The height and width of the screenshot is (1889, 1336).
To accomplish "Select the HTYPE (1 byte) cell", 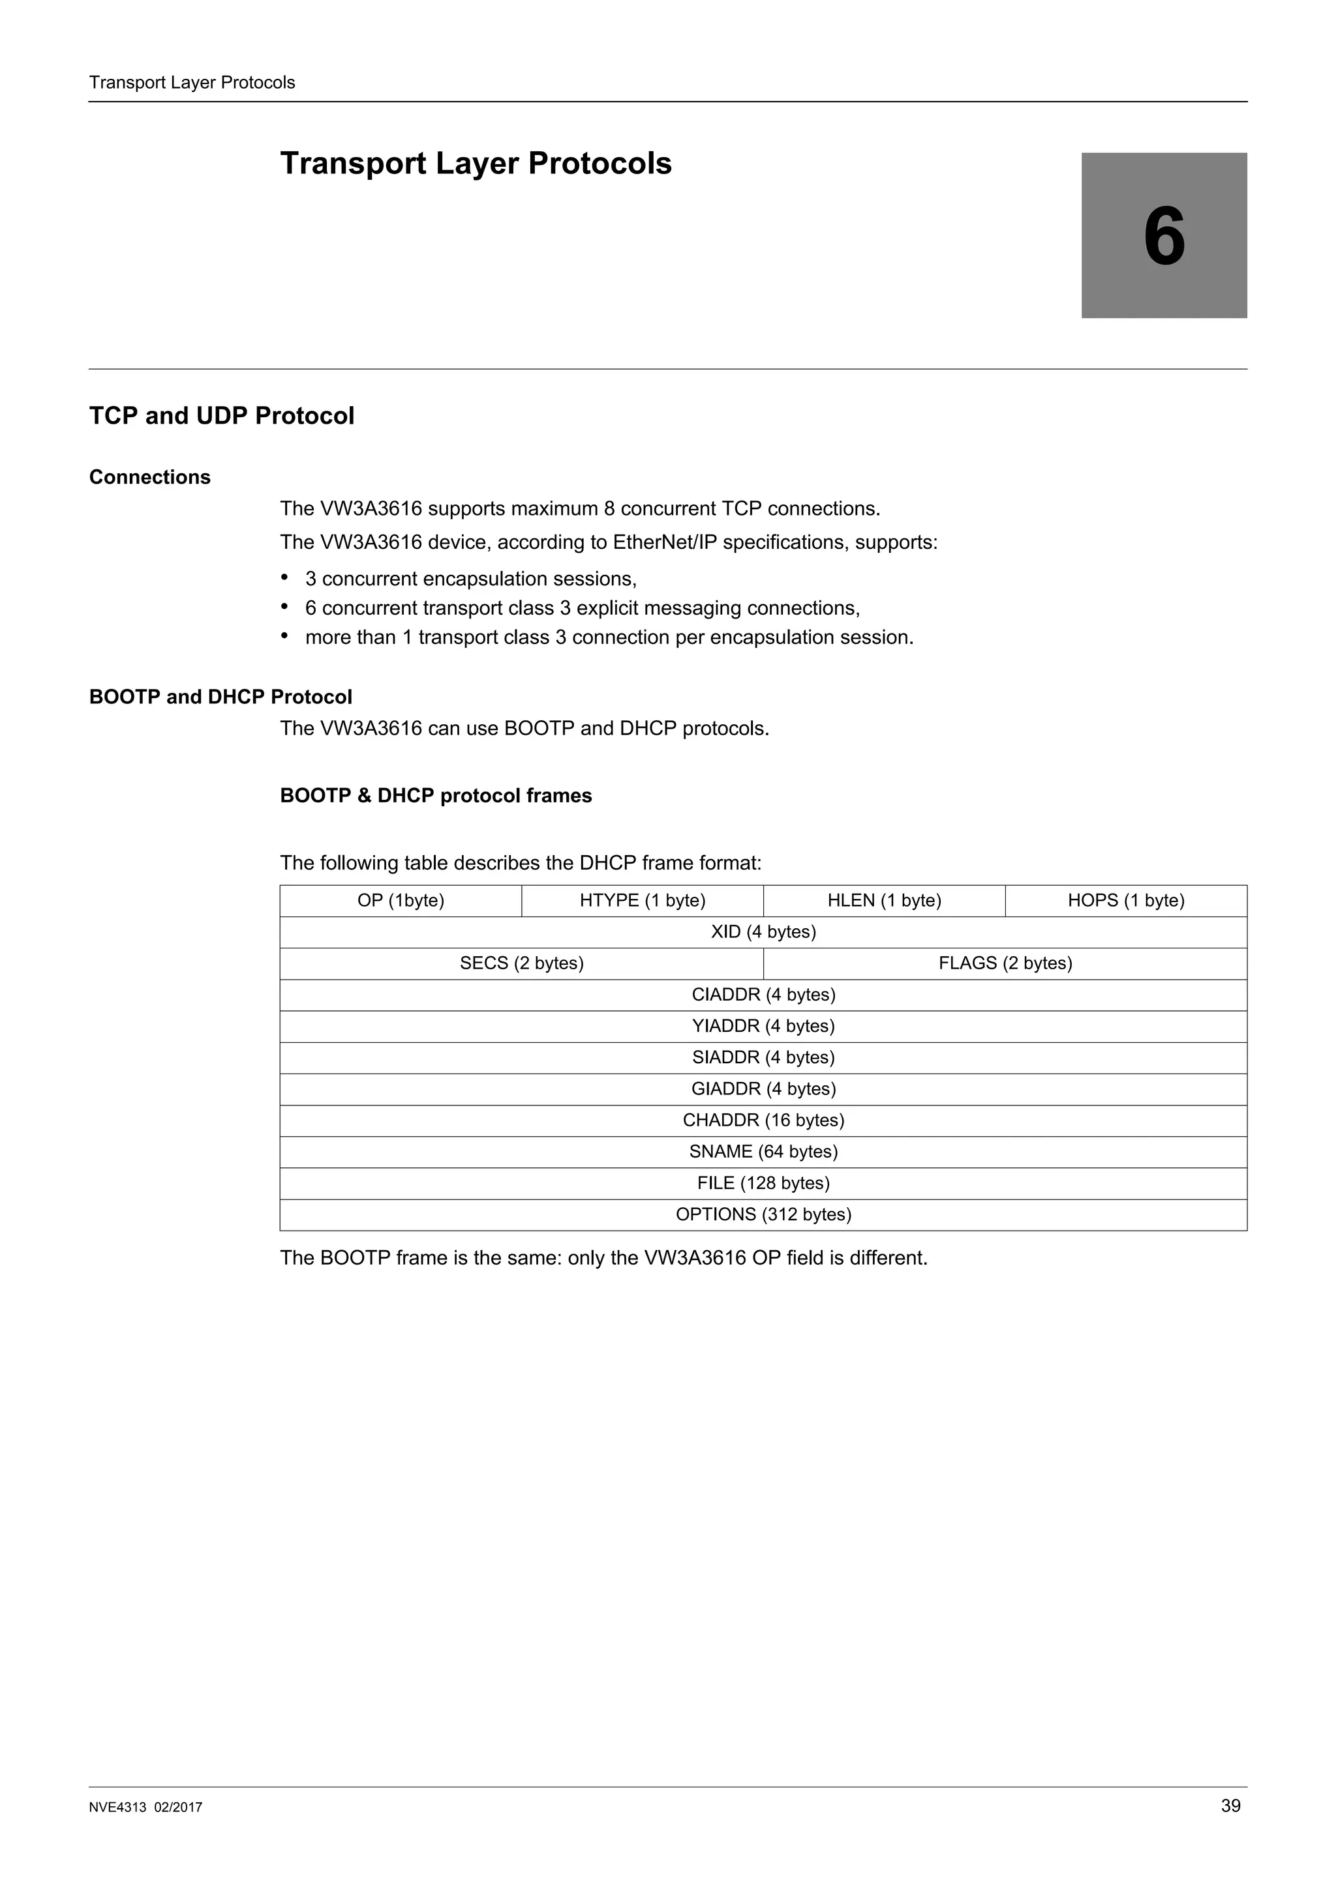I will coord(642,900).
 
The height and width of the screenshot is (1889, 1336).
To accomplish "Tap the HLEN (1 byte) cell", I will coord(884,900).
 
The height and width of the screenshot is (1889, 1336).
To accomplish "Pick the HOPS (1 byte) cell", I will coord(1125,900).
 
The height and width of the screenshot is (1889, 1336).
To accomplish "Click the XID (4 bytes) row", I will coord(763,931).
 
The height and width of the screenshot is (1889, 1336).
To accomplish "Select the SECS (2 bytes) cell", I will coord(521,963).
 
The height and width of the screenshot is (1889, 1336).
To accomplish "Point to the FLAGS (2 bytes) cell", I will coord(1005,963).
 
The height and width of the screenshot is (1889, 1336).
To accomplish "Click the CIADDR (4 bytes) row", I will coord(763,994).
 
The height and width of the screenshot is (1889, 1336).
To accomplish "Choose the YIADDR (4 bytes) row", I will coord(763,1026).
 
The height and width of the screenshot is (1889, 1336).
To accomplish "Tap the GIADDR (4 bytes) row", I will coord(763,1089).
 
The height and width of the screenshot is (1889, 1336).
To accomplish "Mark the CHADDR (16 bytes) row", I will coord(763,1120).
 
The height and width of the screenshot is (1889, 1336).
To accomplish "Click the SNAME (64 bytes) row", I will coord(763,1151).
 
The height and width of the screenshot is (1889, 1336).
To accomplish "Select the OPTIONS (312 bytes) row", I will coord(763,1214).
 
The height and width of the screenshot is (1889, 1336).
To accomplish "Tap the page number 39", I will coord(1230,1806).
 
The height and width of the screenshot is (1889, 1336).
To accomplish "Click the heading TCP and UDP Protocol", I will coord(221,415).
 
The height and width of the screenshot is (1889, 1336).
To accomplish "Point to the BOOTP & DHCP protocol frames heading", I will coord(436,796).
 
